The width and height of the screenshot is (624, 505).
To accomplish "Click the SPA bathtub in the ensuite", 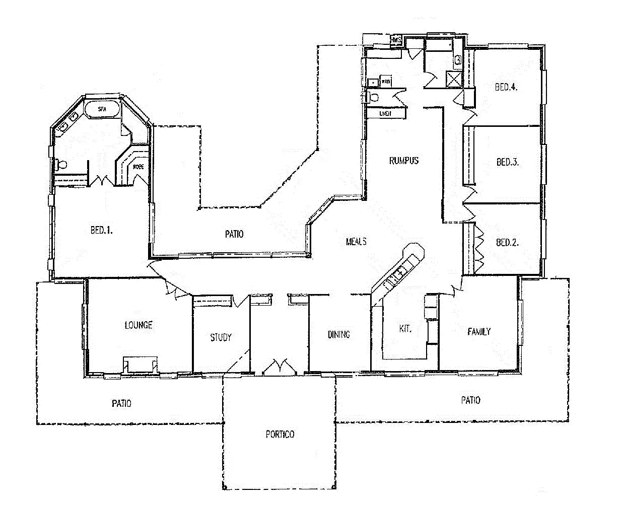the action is click(102, 109).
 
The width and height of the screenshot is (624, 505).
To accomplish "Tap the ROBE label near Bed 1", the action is click(138, 167).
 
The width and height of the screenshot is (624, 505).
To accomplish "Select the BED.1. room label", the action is click(101, 230).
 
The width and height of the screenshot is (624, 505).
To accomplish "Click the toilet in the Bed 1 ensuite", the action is click(62, 164).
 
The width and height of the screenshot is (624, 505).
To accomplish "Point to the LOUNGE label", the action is click(138, 325).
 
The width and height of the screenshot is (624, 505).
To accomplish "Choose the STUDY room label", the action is click(221, 337).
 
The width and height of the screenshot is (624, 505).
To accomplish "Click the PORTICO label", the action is click(280, 434).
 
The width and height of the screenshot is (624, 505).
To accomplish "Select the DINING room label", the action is click(338, 334).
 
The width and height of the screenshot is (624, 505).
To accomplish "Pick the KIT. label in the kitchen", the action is click(405, 329).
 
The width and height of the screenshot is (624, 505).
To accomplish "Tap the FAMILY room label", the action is click(478, 331).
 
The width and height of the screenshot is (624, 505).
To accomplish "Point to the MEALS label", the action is click(356, 242).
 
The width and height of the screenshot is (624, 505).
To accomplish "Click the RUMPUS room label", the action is click(403, 161).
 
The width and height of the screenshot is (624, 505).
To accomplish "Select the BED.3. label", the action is click(507, 162).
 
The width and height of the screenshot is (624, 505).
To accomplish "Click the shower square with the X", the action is click(453, 79).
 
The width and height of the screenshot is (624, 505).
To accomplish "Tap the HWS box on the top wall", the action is click(396, 39).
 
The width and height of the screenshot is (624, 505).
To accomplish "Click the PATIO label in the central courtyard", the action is click(234, 234).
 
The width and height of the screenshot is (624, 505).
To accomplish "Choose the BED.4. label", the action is click(506, 87).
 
